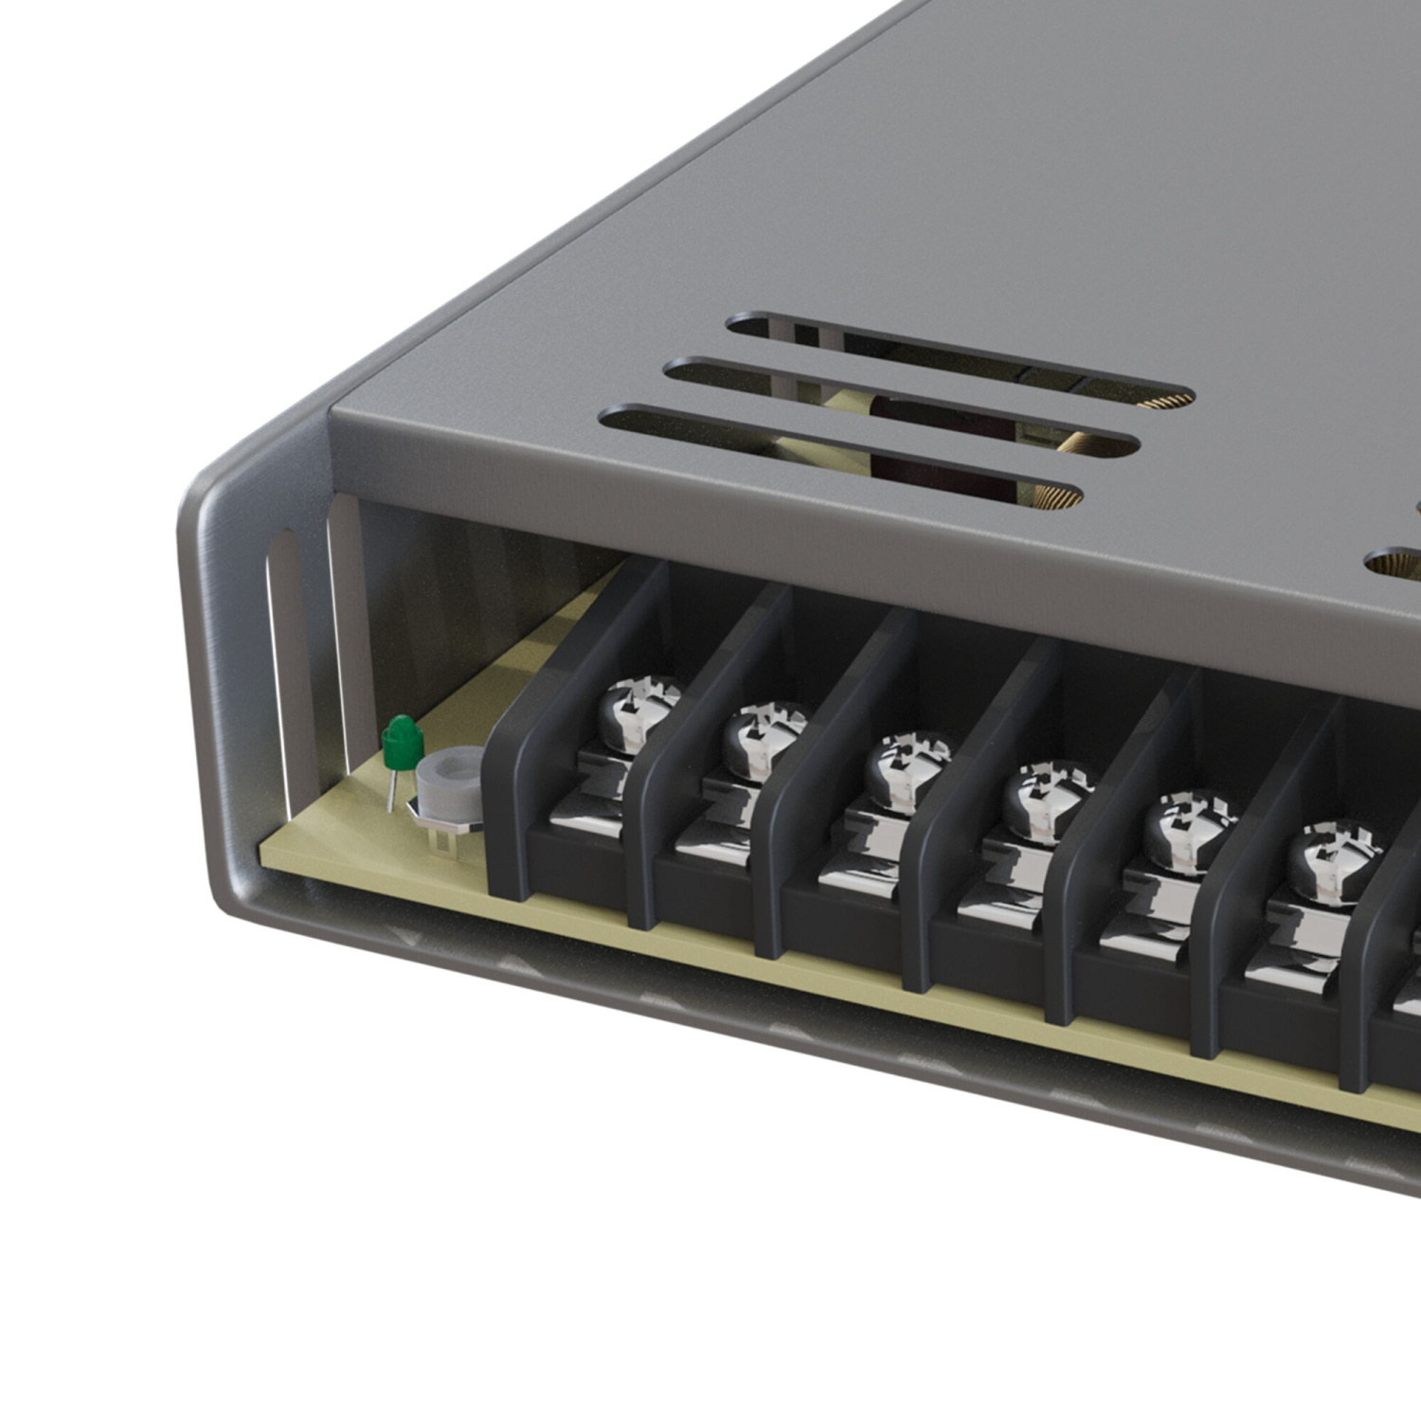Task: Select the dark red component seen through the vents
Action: (x=909, y=445)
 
